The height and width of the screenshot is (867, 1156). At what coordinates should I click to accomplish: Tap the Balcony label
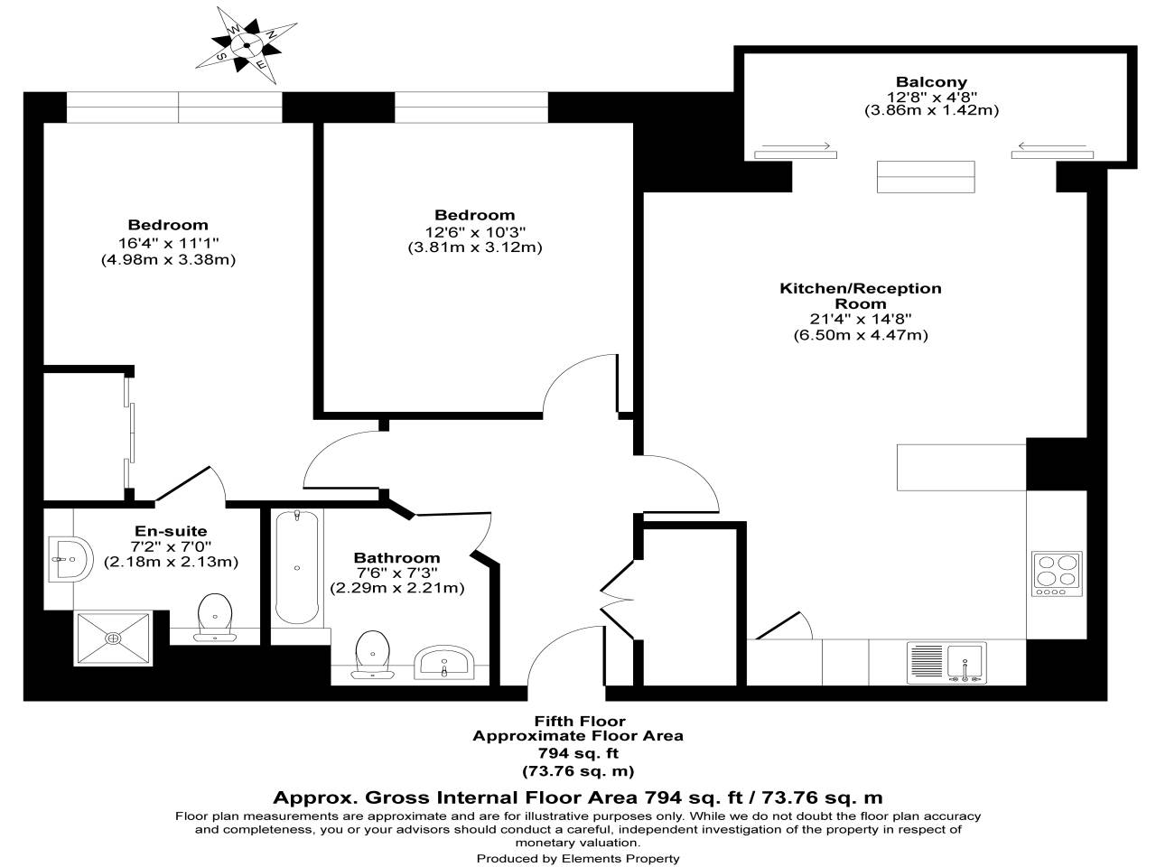(x=930, y=81)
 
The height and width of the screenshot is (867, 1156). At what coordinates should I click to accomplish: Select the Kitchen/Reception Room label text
(x=860, y=296)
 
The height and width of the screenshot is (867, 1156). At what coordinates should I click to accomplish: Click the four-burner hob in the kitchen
(x=1056, y=573)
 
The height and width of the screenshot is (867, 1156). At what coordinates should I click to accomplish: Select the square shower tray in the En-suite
(x=113, y=638)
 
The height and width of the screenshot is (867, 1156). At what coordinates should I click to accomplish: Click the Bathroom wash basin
(x=443, y=663)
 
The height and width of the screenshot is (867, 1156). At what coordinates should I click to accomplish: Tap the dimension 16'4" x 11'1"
(x=168, y=242)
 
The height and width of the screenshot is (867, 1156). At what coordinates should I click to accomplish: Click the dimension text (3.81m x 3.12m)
(x=474, y=247)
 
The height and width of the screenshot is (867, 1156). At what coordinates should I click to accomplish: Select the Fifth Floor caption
(x=578, y=721)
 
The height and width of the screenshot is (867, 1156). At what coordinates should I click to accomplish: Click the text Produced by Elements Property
(x=578, y=858)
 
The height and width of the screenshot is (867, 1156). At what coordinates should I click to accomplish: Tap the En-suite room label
(x=171, y=531)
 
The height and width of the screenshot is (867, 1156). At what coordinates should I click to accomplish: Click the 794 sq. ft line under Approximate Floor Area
(x=578, y=753)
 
